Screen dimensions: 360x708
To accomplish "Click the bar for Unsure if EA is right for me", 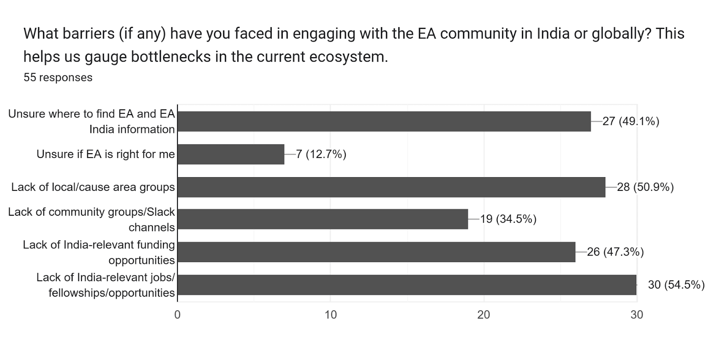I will (x=231, y=154).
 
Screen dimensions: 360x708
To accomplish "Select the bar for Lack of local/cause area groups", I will (x=391, y=187).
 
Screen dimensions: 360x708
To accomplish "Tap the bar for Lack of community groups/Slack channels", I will (x=323, y=219).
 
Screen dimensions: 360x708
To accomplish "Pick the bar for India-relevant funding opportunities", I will (x=376, y=252).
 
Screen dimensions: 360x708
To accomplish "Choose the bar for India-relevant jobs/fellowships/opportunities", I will (x=407, y=285).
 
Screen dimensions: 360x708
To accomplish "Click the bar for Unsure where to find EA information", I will (x=384, y=121).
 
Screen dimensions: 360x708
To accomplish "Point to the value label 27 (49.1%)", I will (x=631, y=121).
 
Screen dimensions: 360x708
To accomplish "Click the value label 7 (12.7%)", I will (x=321, y=154).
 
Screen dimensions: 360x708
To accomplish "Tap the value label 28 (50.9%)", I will (x=645, y=187).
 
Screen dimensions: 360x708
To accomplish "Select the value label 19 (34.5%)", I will (x=508, y=219).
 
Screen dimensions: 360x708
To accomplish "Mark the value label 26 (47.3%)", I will (x=615, y=252).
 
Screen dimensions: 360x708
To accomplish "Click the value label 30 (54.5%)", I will (x=676, y=285).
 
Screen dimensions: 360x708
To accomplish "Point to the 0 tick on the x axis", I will (x=177, y=315).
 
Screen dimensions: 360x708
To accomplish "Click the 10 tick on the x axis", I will (x=331, y=315).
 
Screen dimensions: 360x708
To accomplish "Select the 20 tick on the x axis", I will (x=484, y=315).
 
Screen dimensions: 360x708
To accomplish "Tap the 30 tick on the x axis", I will (x=637, y=315).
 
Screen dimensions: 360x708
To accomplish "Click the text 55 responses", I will (x=58, y=77).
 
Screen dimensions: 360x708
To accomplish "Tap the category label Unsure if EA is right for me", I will (x=106, y=154).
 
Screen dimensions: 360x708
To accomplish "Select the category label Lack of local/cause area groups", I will (x=93, y=187).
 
